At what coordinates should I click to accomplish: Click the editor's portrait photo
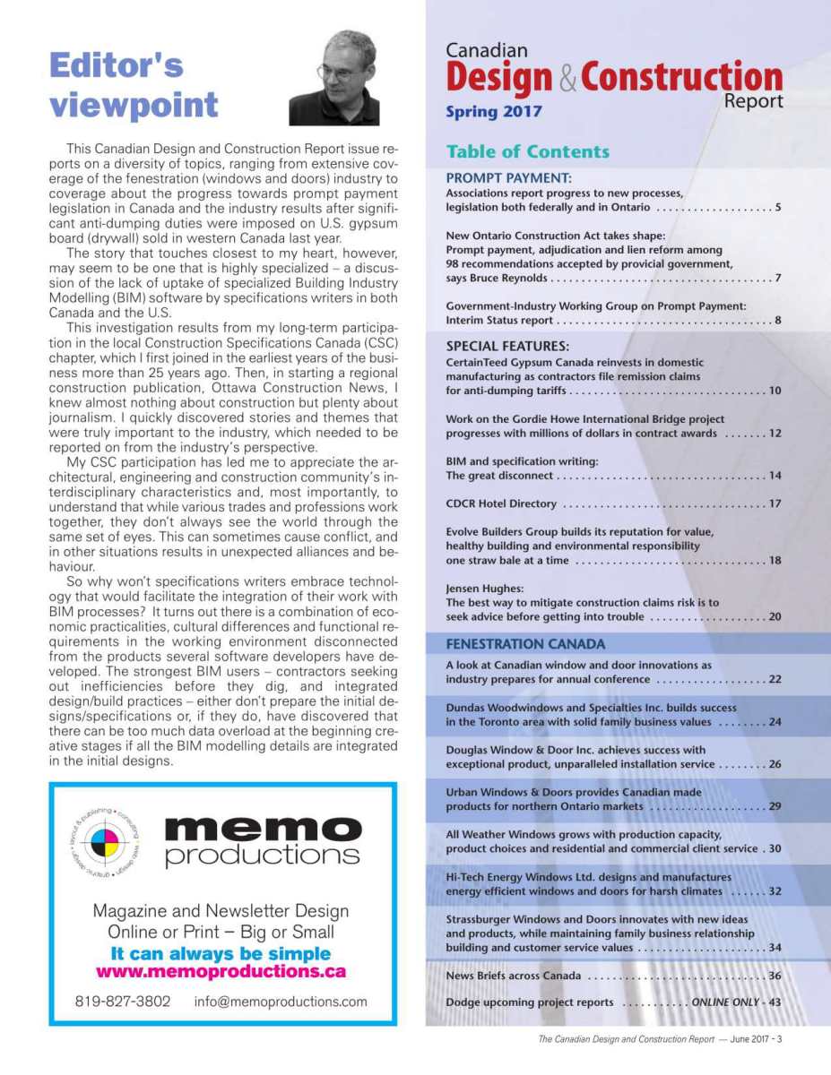point(333,78)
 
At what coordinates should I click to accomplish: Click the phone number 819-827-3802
point(123,1002)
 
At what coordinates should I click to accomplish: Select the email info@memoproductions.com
point(281,1002)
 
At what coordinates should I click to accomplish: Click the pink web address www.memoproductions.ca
point(221,972)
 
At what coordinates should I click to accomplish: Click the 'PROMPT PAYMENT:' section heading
point(508,177)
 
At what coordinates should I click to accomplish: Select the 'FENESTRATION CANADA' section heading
point(525,643)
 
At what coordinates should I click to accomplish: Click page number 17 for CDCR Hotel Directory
point(775,503)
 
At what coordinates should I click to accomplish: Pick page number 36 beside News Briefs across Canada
point(775,976)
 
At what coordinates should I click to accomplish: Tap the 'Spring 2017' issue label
point(494,113)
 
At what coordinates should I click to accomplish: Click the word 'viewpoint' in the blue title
point(134,104)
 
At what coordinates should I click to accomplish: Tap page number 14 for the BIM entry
point(775,476)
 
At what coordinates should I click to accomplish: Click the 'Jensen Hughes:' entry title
point(484,589)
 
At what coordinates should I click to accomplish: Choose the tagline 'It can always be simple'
point(221,953)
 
